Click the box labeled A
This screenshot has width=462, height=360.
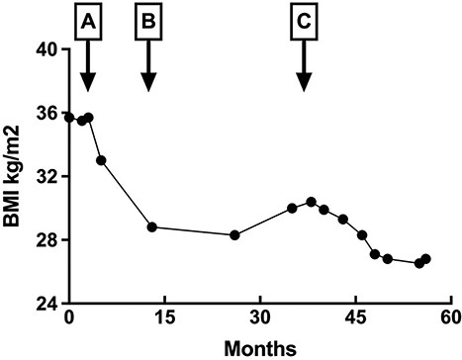click(x=88, y=21)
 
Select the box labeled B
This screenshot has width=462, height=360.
click(x=148, y=21)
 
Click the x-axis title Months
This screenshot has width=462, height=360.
click(x=259, y=347)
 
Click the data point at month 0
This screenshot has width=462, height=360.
click(x=69, y=118)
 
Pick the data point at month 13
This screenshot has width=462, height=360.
click(x=152, y=226)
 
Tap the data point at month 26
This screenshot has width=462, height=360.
click(x=234, y=235)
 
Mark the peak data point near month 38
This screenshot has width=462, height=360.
click(x=311, y=202)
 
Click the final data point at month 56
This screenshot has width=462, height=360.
click(x=425, y=259)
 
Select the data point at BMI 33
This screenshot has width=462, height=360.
click(x=101, y=160)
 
